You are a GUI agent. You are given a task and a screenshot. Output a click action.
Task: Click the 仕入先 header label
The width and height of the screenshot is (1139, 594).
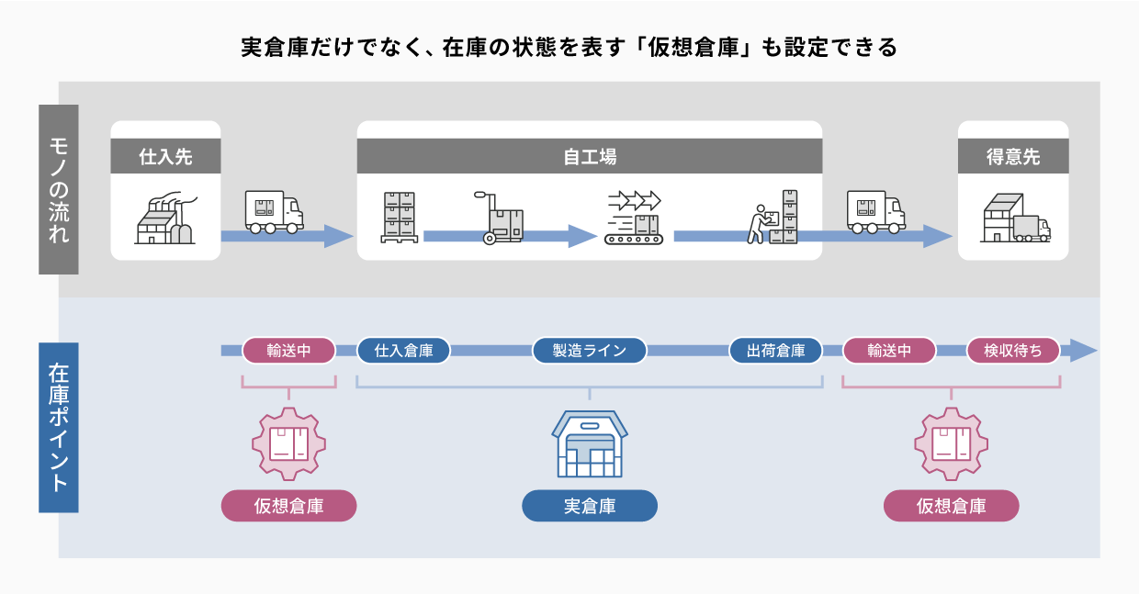165,157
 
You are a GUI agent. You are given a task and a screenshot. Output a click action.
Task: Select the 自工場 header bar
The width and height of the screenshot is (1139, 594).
589,157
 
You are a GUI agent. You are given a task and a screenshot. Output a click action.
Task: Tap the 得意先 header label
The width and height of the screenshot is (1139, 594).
1012,157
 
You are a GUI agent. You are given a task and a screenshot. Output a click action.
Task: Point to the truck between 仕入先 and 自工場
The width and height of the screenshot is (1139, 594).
273,212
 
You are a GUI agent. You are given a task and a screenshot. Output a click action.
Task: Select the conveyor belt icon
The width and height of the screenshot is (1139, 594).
633,219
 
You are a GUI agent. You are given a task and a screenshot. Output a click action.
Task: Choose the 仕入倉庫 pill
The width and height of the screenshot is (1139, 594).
403,351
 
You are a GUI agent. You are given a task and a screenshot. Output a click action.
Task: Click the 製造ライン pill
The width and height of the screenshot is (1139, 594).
590,351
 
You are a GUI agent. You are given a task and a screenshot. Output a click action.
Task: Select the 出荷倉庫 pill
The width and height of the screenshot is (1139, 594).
775,351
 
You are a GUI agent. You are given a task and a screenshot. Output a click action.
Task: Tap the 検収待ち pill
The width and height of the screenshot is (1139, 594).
1013,351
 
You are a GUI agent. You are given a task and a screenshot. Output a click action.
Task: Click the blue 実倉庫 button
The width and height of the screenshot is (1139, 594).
590,506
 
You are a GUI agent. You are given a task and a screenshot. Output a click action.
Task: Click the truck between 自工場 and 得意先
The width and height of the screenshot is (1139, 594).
874,212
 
